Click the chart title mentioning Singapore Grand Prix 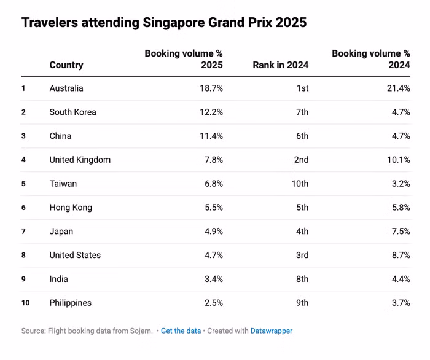[163, 23]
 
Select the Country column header [66, 65]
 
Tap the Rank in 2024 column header [280, 65]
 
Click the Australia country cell [66, 88]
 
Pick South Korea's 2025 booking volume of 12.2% [210, 112]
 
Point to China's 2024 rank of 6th [302, 136]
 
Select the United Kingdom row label [80, 160]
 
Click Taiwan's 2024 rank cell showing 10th [300, 184]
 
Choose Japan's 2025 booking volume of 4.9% [212, 232]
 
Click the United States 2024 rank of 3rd [302, 256]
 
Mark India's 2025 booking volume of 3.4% [212, 280]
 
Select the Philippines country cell [71, 303]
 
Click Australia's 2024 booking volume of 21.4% [397, 88]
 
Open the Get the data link [181, 331]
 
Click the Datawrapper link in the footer [272, 331]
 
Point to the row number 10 [25, 303]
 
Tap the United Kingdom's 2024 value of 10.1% [397, 160]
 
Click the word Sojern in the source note [141, 331]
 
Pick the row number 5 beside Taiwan [23, 184]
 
